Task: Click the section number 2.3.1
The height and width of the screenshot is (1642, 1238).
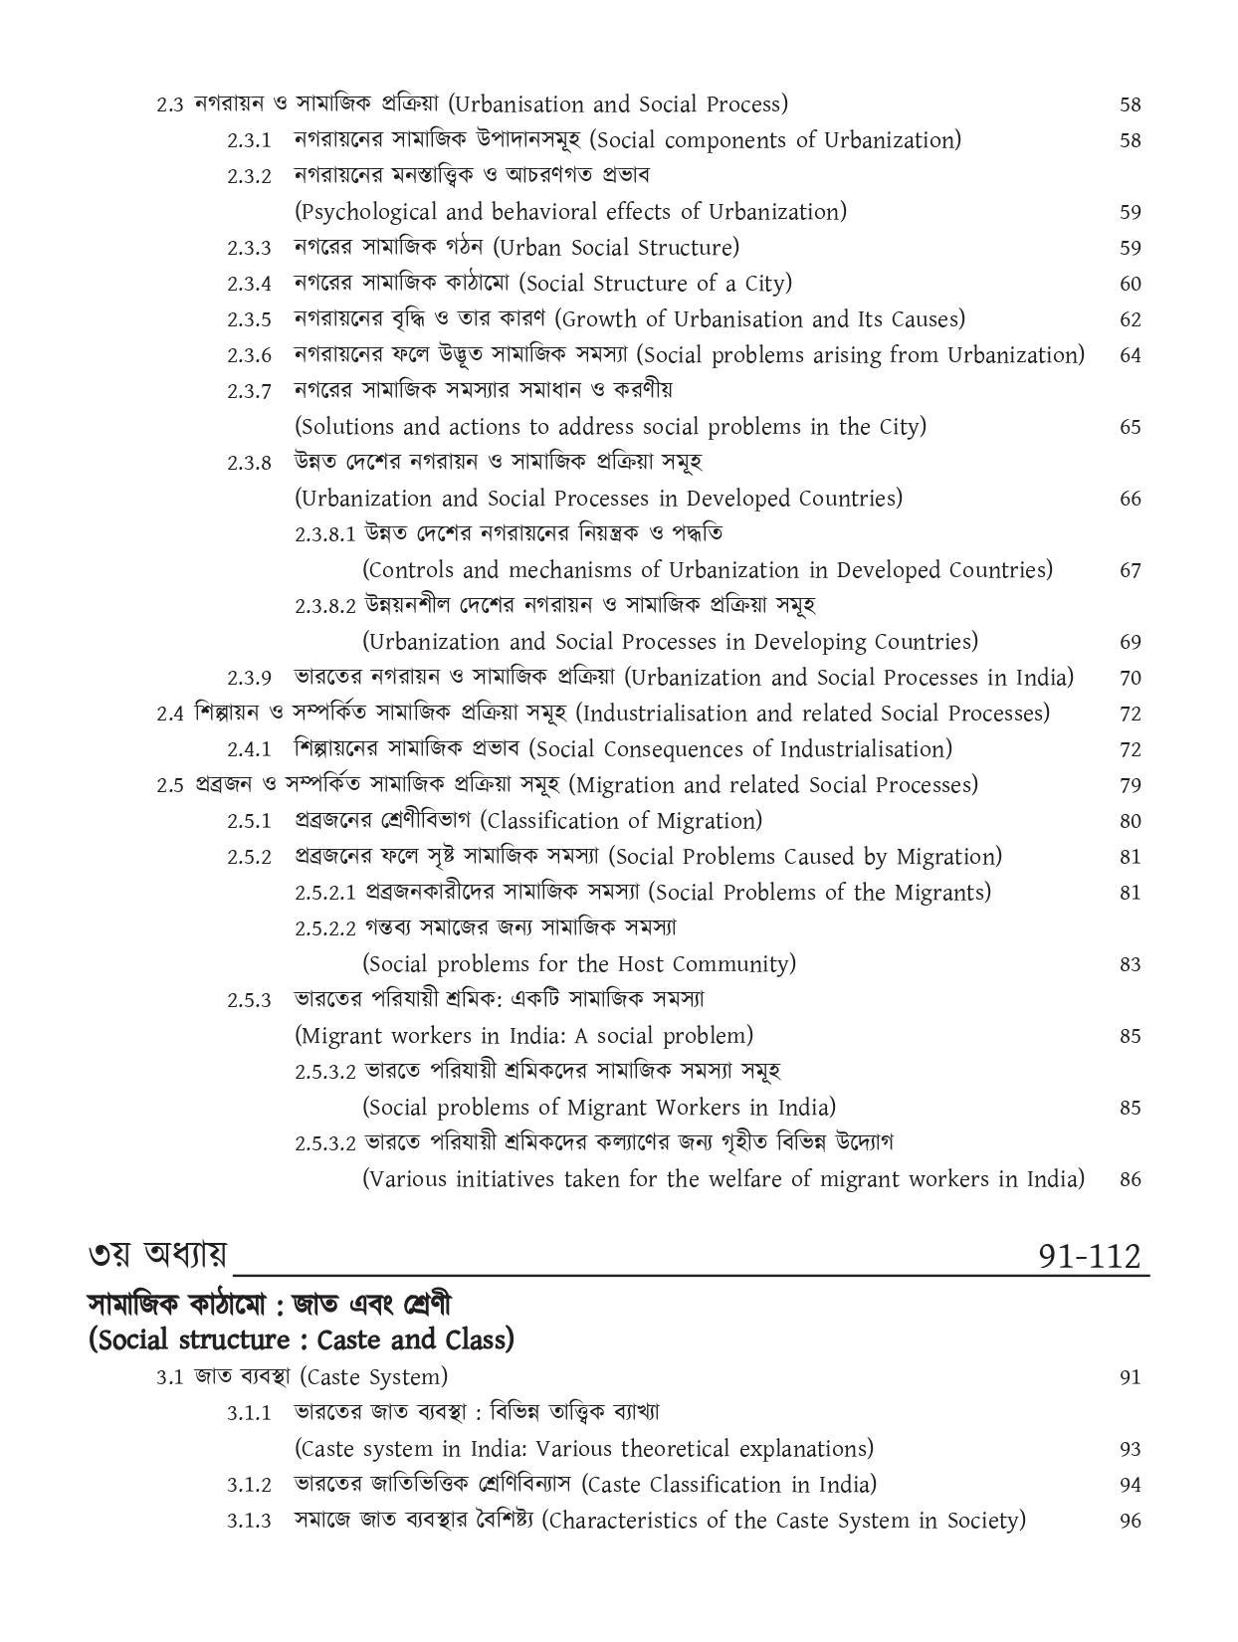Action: point(248,141)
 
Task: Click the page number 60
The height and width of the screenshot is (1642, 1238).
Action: point(1130,285)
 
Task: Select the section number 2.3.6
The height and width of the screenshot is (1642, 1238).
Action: point(248,356)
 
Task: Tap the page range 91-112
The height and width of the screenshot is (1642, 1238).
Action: point(1088,1257)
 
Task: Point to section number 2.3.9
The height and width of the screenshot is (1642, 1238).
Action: point(248,679)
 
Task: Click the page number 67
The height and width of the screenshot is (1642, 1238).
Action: point(1130,571)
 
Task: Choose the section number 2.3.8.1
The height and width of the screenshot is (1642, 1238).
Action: point(324,534)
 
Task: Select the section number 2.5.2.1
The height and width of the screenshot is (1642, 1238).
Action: point(324,894)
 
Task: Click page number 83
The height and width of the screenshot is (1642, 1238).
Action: point(1130,965)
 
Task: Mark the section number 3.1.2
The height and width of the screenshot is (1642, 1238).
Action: point(248,1486)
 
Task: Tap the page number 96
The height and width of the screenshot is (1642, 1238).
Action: point(1130,1522)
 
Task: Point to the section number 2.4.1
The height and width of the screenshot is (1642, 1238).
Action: point(248,750)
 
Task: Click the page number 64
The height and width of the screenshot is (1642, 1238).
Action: point(1130,356)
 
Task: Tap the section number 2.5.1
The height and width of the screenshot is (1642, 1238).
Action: point(248,822)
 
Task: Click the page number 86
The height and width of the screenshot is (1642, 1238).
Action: point(1130,1180)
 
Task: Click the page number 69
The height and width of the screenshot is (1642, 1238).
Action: point(1130,643)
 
